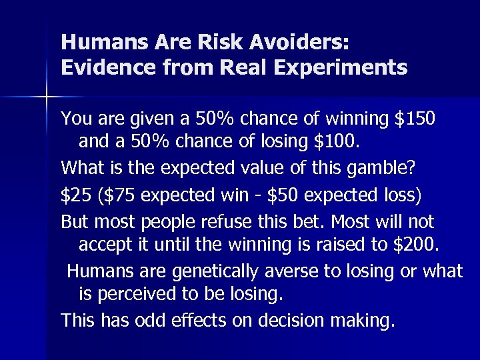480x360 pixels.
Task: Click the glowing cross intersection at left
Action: pyautogui.click(x=46, y=97)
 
